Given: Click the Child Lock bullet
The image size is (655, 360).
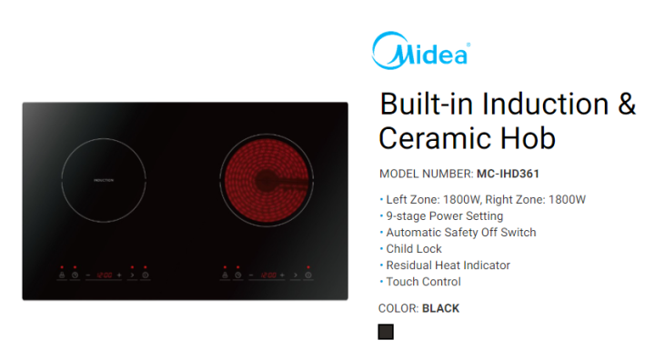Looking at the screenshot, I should [x=414, y=248].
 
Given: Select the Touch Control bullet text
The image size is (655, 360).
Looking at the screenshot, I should [x=424, y=281].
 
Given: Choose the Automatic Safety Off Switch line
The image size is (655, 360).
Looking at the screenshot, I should [x=461, y=232].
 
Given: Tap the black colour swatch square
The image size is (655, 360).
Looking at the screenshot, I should [x=386, y=332].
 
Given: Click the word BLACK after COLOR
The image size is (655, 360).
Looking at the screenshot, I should [x=440, y=308].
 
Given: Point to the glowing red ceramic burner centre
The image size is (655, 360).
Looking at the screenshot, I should [x=266, y=180].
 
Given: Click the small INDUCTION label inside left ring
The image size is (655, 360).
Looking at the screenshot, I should [x=104, y=181].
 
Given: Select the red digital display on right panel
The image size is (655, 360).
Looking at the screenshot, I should [x=267, y=275].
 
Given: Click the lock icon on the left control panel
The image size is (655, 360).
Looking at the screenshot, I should [x=62, y=275].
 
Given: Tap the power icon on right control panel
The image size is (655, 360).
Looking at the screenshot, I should [x=308, y=275].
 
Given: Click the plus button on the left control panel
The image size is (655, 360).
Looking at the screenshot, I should [x=119, y=275].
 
